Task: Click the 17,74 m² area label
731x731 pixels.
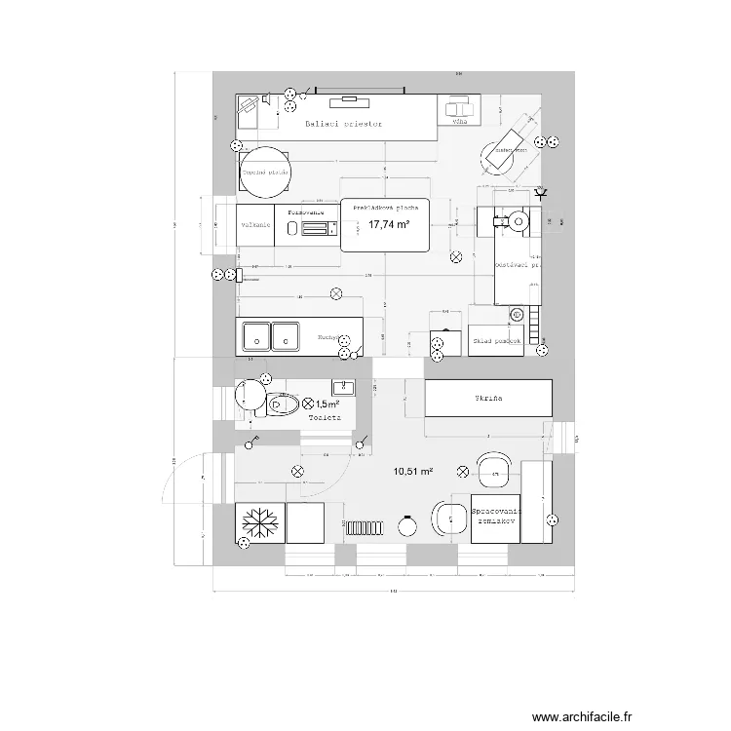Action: pyautogui.click(x=388, y=225)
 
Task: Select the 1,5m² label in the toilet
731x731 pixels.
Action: pyautogui.click(x=328, y=404)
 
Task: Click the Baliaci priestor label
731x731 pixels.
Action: pyautogui.click(x=342, y=125)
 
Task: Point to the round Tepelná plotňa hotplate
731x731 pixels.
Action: pyautogui.click(x=264, y=172)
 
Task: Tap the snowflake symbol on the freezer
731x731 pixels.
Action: pyautogui.click(x=260, y=522)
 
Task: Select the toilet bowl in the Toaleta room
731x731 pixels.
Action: pyautogui.click(x=289, y=403)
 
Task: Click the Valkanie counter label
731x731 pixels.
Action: pyautogui.click(x=254, y=225)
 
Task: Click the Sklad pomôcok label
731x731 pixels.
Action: pyautogui.click(x=496, y=341)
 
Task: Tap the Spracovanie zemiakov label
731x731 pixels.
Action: pyautogui.click(x=496, y=517)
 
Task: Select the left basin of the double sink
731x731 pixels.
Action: pyautogui.click(x=256, y=334)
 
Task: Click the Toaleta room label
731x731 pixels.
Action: pyautogui.click(x=324, y=417)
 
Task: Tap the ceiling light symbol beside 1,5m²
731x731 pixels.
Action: pyautogui.click(x=309, y=403)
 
